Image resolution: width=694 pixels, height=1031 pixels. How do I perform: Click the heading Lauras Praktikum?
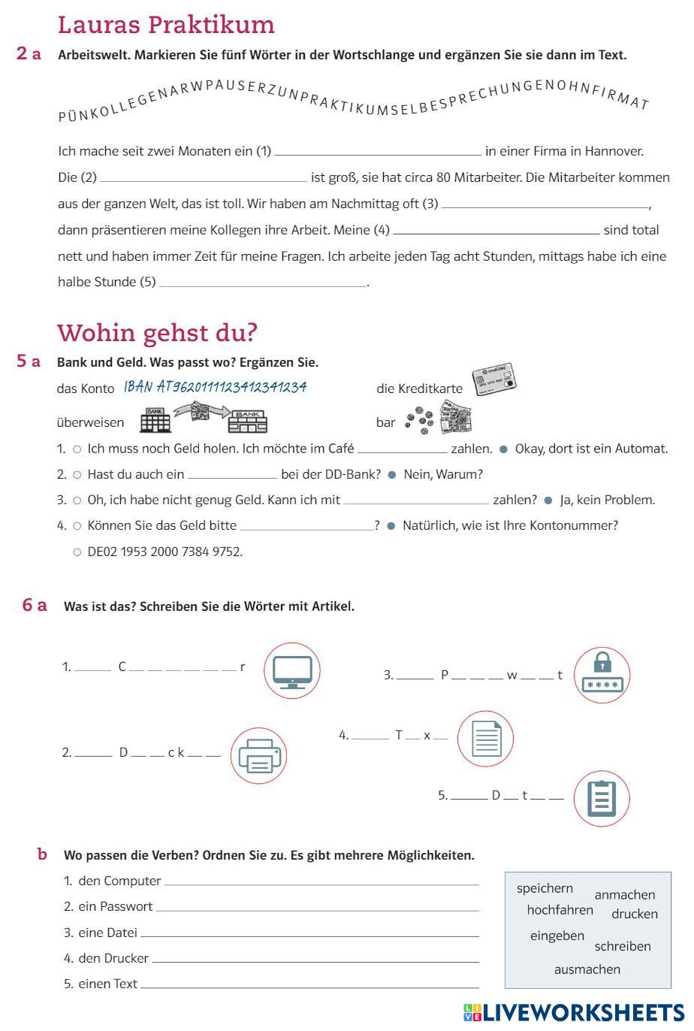tap(166, 25)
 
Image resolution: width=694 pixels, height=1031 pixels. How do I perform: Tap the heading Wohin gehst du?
tap(157, 332)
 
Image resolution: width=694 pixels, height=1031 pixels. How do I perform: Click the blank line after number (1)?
tap(378, 153)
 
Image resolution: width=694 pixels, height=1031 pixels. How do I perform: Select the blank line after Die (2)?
tap(203, 179)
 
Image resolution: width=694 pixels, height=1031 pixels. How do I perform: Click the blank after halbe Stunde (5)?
tap(262, 283)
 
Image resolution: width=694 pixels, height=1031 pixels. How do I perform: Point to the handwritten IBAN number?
tap(216, 387)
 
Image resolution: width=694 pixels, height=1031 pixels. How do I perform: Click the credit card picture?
tap(493, 381)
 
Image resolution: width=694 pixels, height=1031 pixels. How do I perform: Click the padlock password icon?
tap(602, 674)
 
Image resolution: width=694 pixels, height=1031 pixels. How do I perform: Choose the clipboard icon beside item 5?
tap(602, 799)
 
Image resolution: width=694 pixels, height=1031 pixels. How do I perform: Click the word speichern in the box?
tap(545, 888)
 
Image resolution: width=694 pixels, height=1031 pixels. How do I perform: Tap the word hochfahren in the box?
tap(560, 910)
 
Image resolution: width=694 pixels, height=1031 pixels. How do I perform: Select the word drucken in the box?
tap(634, 914)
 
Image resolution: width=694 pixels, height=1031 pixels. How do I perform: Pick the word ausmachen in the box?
tap(587, 969)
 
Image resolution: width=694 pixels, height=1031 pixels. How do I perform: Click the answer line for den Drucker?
tap(315, 960)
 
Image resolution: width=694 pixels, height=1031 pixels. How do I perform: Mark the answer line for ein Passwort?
tap(317, 909)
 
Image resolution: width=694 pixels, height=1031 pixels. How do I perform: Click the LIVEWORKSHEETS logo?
tap(574, 1012)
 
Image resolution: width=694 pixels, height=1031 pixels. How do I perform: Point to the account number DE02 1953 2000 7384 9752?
tap(164, 552)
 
